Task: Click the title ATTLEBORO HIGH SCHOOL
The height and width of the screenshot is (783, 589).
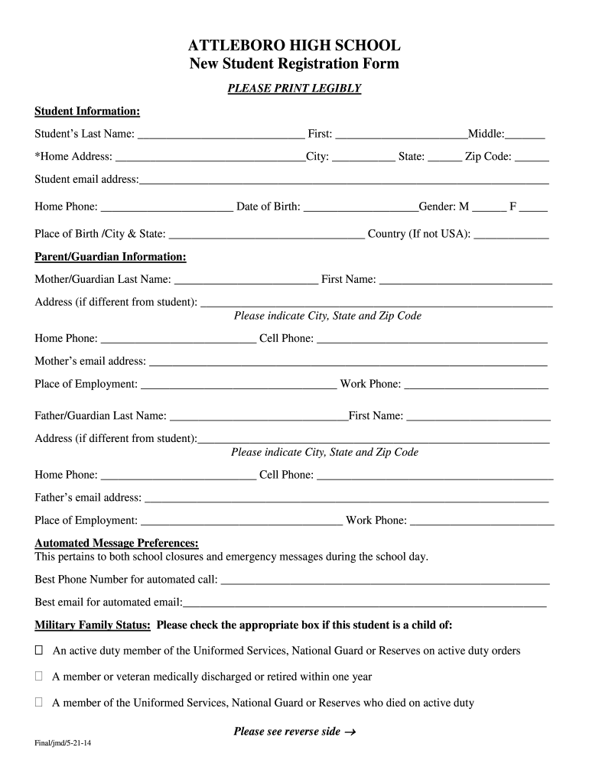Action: coord(294,46)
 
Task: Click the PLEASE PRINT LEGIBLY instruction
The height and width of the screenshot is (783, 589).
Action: coord(294,89)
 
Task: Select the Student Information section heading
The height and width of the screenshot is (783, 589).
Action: coord(87,112)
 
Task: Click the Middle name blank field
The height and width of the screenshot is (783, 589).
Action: coord(525,135)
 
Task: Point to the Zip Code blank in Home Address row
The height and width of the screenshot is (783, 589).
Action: coord(532,158)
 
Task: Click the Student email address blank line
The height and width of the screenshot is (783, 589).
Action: coord(343,181)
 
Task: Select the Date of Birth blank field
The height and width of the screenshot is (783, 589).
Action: coord(360,208)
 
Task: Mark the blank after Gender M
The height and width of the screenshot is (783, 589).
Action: coord(490,208)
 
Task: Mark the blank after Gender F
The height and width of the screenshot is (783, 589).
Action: coord(533,208)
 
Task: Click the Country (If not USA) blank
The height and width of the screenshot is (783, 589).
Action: coord(511,235)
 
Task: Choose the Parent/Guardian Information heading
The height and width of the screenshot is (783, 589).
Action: coord(110,257)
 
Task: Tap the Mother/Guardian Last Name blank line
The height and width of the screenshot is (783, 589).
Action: coord(246,281)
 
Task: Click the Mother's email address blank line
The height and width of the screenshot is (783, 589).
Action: coord(347,362)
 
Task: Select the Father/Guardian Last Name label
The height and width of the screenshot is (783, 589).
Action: coord(100,416)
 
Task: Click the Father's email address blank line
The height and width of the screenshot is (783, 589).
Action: coord(346,499)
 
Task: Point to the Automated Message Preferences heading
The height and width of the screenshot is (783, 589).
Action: coord(117,543)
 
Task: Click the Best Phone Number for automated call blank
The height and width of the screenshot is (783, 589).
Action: coord(385,580)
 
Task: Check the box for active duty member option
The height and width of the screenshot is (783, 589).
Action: coord(39,651)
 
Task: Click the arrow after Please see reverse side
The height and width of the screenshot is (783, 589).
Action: coord(350,733)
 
